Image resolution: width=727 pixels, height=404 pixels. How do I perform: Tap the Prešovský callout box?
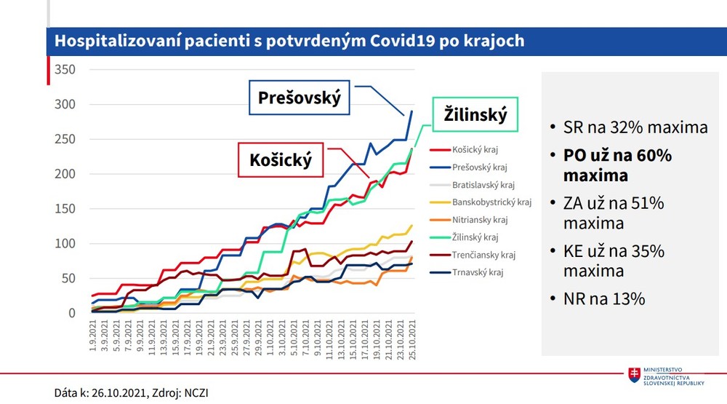[x=300, y=98]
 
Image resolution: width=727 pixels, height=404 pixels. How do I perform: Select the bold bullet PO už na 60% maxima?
[x=618, y=165]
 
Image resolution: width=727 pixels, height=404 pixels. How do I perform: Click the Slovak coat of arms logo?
[x=634, y=374]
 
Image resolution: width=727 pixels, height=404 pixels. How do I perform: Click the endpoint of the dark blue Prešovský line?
[x=412, y=111]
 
